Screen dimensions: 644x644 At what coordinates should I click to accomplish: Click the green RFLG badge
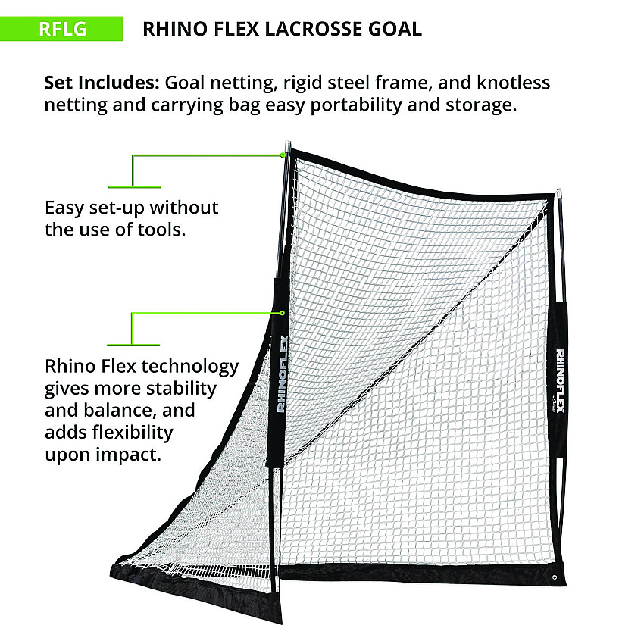pos(61,29)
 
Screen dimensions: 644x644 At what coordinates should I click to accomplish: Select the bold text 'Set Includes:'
pos(102,83)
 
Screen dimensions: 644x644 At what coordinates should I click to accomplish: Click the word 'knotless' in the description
pos(514,83)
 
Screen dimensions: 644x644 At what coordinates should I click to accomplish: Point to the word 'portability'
pos(356,105)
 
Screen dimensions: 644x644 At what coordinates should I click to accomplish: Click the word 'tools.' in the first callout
pos(161,230)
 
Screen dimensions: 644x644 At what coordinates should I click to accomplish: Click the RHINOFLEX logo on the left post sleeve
pos(282,374)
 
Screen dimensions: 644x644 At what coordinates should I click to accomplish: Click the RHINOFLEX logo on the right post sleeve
pos(560,380)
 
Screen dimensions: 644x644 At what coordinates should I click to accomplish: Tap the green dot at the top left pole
pos(283,155)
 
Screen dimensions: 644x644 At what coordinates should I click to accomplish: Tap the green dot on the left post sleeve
pos(282,313)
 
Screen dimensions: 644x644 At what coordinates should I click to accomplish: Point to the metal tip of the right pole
pos(558,195)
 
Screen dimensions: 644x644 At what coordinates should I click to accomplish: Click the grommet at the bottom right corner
pos(555,577)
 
